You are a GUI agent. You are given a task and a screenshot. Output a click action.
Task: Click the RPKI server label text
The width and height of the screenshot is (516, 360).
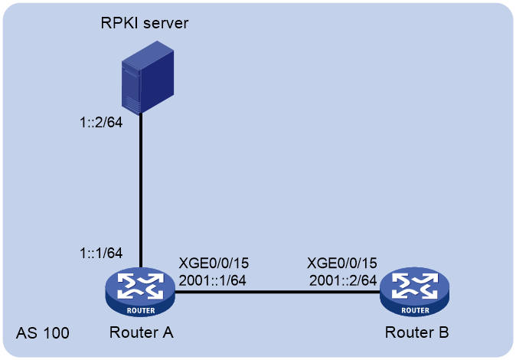pos(145,23)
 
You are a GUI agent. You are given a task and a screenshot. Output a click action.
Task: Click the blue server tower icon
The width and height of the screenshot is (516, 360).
pos(148,77)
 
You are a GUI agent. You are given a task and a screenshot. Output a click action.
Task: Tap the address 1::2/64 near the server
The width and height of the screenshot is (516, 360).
pos(101,123)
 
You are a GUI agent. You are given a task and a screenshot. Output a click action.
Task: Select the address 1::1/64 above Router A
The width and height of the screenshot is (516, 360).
pos(101,253)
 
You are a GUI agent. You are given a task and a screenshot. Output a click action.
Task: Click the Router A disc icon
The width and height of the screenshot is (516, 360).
pos(140,292)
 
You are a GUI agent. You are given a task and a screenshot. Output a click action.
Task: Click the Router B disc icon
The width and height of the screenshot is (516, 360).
pos(415,292)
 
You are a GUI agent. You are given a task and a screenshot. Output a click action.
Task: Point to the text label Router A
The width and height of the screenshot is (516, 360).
pos(141,332)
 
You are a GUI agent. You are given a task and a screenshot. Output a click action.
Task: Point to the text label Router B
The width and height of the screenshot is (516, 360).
pos(416,332)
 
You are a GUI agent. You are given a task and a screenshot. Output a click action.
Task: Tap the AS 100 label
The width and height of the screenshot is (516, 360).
pos(43,333)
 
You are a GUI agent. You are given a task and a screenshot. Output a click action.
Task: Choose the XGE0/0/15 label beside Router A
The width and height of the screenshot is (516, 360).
pos(214,263)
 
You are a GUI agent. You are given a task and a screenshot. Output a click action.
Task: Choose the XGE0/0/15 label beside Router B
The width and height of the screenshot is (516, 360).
pos(342,263)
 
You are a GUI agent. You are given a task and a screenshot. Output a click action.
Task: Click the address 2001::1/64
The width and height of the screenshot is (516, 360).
pos(212,280)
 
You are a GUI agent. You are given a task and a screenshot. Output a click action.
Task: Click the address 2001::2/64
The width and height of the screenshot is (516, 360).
pos(343,280)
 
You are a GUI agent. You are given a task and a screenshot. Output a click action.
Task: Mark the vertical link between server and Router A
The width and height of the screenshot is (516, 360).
pos(141,191)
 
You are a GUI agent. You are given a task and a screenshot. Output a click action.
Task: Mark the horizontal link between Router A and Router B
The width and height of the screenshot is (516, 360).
pos(277,292)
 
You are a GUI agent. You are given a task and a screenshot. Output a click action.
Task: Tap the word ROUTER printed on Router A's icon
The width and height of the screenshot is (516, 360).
pos(141,310)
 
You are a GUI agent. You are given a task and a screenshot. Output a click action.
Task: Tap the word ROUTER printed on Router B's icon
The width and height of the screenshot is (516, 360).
pos(415,310)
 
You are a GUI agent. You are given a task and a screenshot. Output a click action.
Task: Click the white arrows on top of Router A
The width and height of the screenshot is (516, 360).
pos(141,286)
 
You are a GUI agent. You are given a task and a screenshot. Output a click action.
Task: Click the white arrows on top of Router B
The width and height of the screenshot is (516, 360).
pos(415,286)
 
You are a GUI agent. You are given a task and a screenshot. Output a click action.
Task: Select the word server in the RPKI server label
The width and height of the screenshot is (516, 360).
pos(166,24)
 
